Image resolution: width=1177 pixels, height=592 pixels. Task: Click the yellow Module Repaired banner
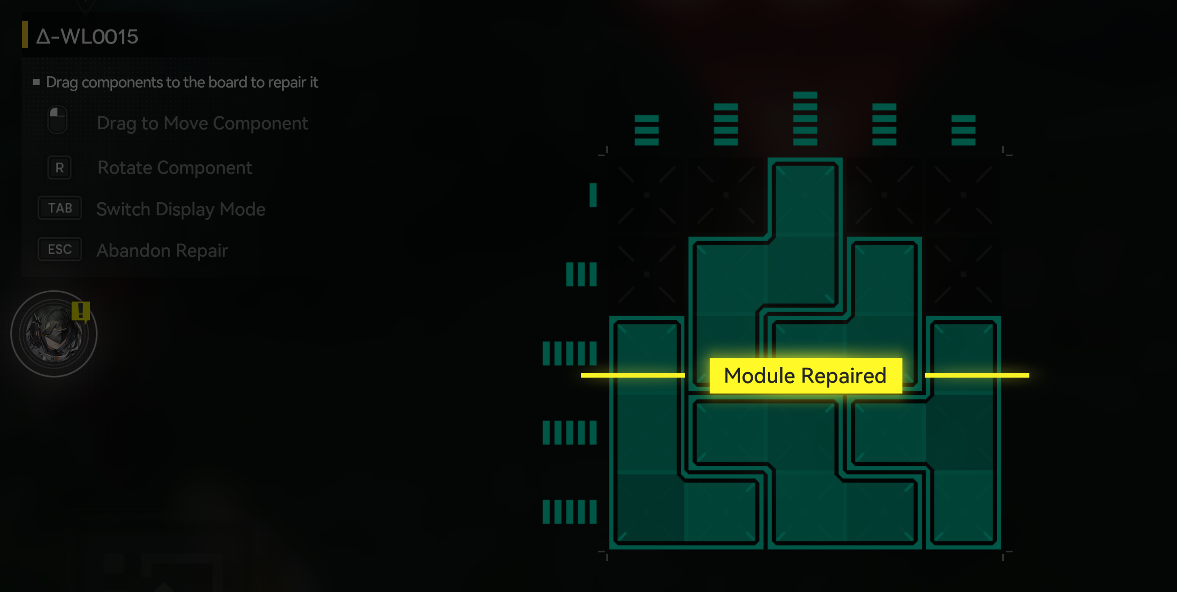click(806, 375)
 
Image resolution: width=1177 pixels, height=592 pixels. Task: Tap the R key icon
click(59, 168)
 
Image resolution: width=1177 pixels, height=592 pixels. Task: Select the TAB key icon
click(60, 208)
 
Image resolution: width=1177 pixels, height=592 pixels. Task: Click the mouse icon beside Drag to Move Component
click(58, 120)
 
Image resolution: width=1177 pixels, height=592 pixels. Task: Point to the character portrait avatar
click(54, 334)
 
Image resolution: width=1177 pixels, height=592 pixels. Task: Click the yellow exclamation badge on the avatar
click(81, 312)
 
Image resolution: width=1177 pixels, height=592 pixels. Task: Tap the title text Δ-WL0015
click(87, 37)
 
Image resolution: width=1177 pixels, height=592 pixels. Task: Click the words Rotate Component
click(175, 168)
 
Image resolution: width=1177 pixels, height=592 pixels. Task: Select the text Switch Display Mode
click(181, 209)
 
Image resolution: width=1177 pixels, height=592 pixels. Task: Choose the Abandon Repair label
click(162, 251)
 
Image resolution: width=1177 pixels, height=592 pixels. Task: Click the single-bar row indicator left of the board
click(593, 195)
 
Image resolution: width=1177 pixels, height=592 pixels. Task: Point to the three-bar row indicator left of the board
click(581, 274)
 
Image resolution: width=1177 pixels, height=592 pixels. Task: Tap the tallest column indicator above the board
click(805, 118)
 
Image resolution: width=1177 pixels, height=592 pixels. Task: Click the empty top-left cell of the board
click(646, 195)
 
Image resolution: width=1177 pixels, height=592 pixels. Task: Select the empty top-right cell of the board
click(964, 195)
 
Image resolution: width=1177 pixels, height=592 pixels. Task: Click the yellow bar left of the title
click(25, 34)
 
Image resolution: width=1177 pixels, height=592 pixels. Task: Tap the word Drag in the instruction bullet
click(62, 82)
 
